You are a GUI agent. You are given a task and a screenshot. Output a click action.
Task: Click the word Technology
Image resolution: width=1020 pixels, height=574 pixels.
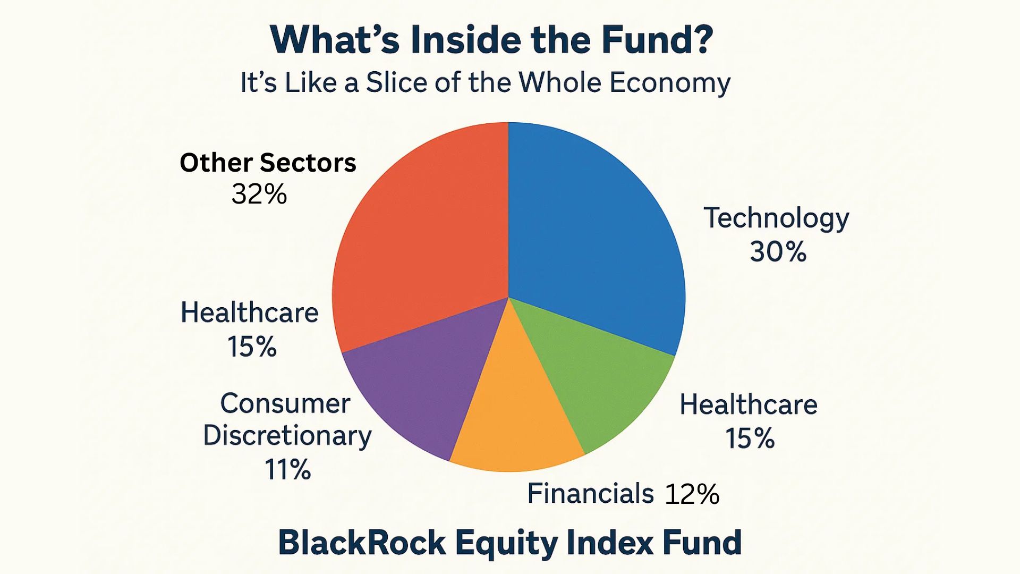776,218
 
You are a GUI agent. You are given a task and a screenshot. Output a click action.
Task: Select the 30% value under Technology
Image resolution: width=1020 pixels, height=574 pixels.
778,251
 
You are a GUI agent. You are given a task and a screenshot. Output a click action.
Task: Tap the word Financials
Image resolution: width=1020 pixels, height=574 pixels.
590,493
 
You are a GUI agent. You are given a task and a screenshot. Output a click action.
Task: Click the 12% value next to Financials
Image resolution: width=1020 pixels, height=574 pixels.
692,494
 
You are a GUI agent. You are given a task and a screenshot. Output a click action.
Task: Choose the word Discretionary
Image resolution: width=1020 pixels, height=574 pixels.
287,436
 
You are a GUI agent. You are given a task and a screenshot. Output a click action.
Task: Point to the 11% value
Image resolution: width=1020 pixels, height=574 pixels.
287,469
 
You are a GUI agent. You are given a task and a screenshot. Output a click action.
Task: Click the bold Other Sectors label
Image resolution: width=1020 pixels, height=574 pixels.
268,163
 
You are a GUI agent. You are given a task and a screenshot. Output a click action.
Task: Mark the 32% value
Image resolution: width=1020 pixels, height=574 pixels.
259,194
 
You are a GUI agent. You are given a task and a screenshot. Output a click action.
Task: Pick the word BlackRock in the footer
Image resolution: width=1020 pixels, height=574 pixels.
362,543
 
